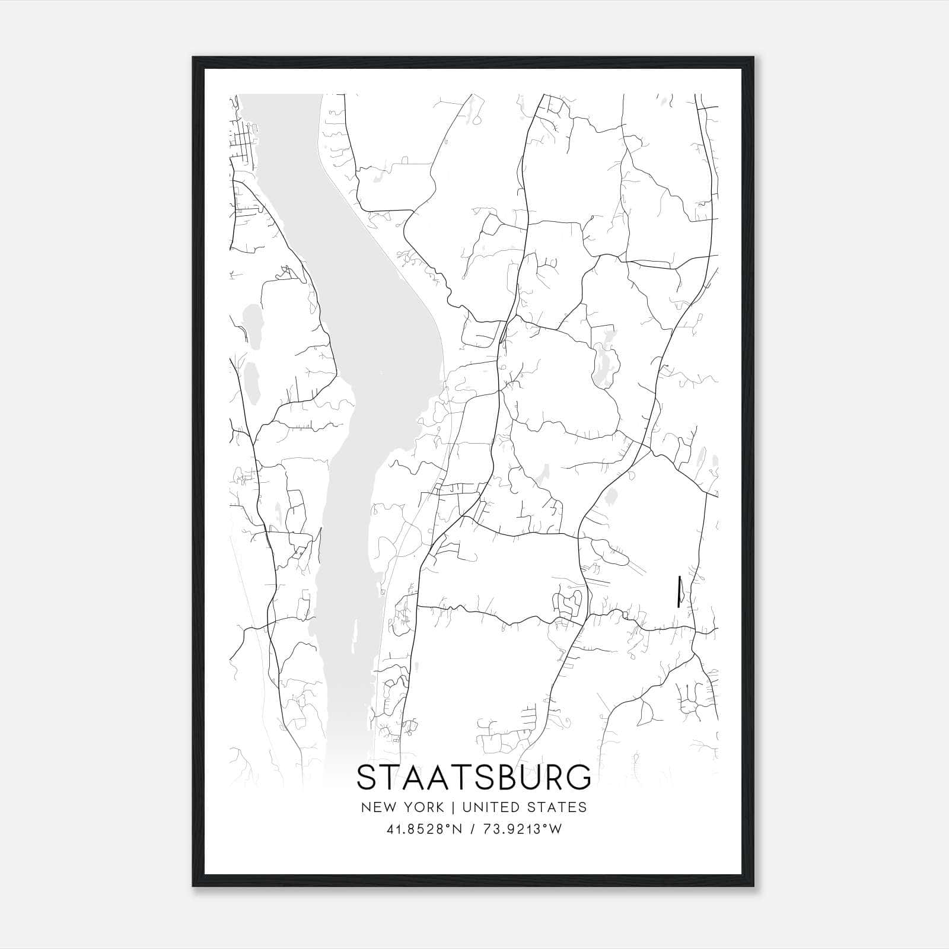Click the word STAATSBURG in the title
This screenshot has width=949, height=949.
point(474,778)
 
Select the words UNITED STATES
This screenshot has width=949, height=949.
point(524,807)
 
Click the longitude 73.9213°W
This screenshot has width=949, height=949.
point(522,829)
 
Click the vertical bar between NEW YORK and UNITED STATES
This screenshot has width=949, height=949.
point(453,807)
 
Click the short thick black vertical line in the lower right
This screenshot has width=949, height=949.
point(678,591)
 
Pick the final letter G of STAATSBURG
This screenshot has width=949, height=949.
point(579,778)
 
